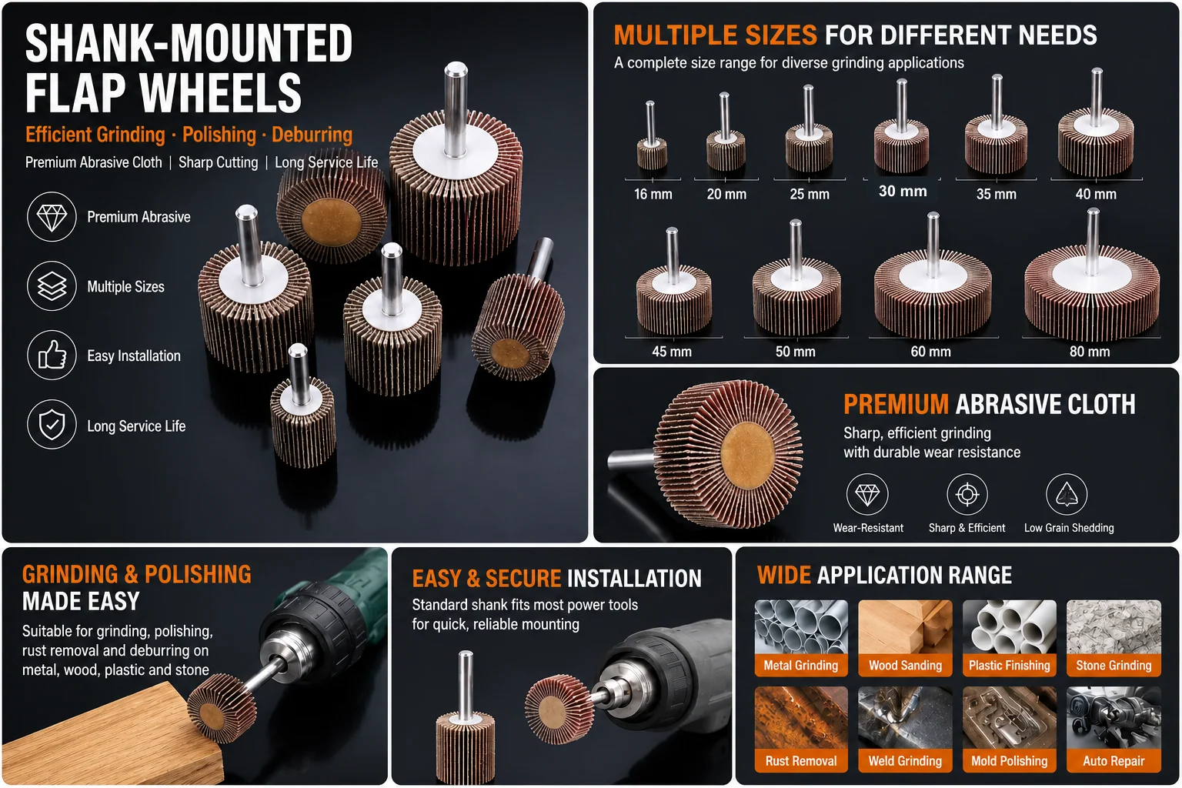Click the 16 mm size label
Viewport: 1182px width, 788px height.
653,194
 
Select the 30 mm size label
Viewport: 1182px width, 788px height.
903,191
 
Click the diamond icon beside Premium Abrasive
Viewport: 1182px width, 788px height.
52,217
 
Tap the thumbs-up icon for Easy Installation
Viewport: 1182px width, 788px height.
52,356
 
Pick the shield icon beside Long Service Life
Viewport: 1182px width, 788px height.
52,424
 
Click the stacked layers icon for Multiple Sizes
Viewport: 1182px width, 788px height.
52,286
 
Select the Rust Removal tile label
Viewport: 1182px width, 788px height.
801,760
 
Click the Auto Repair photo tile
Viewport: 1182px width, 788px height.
1114,729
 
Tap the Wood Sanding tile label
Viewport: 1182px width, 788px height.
905,665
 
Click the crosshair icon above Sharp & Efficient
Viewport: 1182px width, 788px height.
967,495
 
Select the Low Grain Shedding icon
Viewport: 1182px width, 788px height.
1067,495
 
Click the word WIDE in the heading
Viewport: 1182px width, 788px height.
783,575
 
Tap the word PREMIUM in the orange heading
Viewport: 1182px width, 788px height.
896,404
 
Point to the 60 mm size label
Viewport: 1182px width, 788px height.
930,352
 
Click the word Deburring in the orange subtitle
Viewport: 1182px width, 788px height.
312,135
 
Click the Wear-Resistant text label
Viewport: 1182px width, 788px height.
868,528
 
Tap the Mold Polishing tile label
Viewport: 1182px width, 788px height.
1009,760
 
